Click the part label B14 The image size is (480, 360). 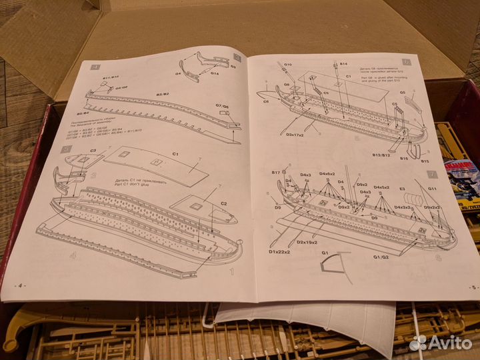coord(343,64)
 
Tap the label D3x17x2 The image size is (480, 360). coord(295,135)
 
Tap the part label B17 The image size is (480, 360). coord(276,173)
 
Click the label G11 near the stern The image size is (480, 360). coord(432,189)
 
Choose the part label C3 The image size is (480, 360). coord(92,151)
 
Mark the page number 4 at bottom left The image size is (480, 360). coord(20,285)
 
